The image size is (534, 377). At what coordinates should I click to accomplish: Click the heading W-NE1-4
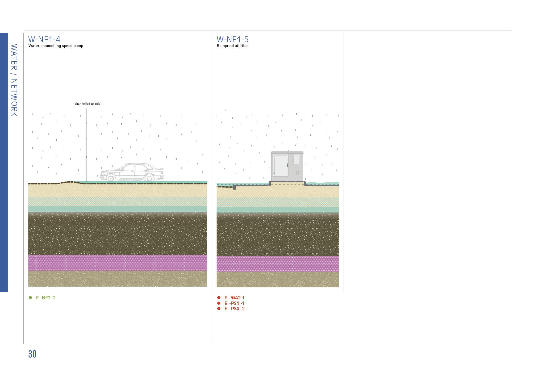coord(44,39)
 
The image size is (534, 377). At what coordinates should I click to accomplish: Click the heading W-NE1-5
coord(232,39)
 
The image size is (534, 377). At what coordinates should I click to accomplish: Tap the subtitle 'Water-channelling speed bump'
coord(56,46)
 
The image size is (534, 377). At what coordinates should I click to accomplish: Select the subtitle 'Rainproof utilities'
coord(232,46)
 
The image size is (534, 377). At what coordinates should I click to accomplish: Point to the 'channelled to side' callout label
coord(87,104)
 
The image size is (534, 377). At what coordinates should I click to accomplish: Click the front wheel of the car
coord(111,178)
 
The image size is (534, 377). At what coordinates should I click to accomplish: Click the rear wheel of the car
coord(149,178)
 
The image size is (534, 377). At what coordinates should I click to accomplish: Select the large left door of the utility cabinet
coord(280,165)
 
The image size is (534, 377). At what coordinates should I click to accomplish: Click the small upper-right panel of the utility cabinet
coord(296,159)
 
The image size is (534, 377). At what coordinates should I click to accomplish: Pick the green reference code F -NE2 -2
coord(46,298)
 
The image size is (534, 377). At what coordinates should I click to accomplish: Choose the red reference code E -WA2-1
coord(234,298)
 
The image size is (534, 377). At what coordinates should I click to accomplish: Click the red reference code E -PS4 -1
coord(234,303)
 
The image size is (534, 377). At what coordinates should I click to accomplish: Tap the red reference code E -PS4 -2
coord(234,309)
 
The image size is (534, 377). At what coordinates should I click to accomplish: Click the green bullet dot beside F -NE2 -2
coord(30,298)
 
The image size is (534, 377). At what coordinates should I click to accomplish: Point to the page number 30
coord(32,354)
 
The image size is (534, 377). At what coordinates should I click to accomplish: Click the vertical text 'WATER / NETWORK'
coord(14,80)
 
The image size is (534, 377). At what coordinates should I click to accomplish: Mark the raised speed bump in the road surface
coord(70,182)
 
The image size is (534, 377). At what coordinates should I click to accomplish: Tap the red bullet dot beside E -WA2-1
coord(219,298)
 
